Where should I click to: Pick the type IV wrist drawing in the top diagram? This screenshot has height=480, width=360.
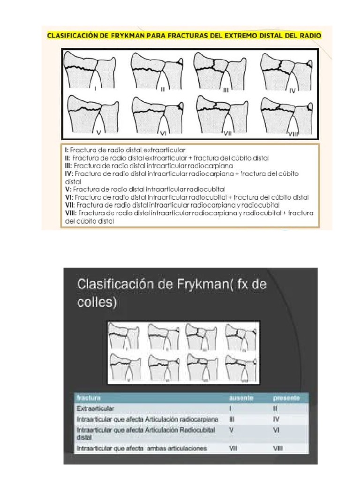tap(286, 71)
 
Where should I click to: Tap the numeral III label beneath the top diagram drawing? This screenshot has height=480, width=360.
tap(225, 90)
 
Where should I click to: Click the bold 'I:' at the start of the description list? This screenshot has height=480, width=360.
tap(67, 150)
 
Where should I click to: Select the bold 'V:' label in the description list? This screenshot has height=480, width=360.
tap(68, 189)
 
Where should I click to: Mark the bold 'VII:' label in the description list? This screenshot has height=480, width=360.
tap(70, 205)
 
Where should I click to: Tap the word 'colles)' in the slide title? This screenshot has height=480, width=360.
tap(97, 302)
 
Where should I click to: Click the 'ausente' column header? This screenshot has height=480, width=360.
tap(241, 398)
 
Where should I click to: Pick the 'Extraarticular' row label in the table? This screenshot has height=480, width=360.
tap(95, 409)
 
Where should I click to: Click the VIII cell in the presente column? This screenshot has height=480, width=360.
tap(278, 449)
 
